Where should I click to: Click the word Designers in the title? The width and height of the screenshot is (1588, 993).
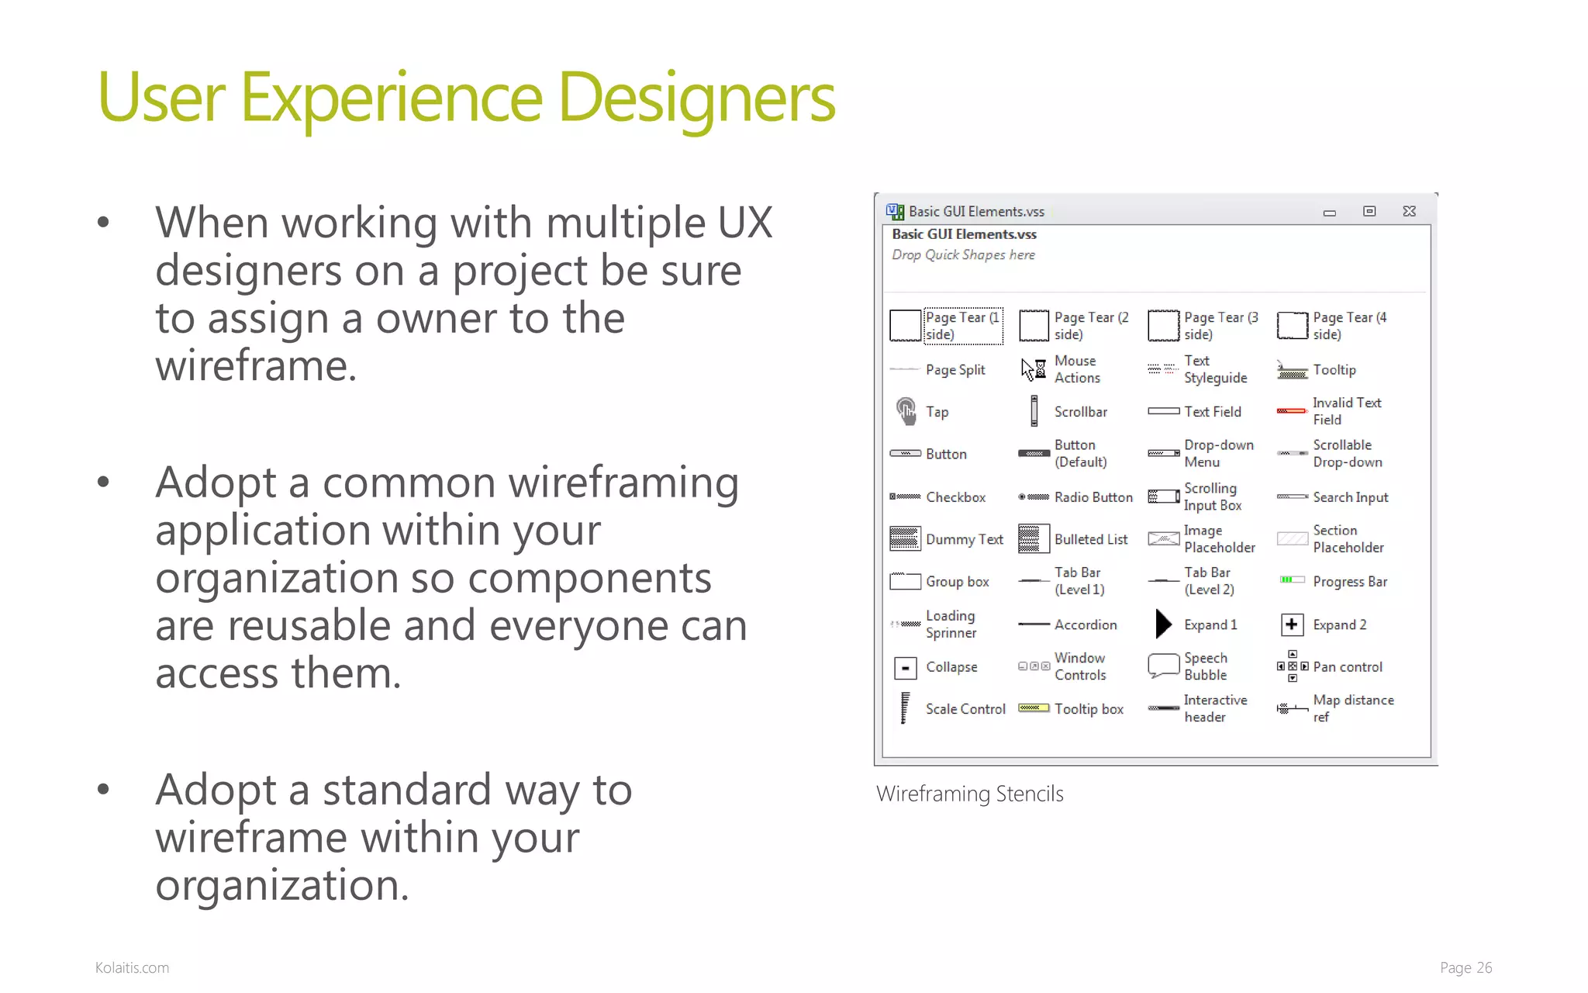696,99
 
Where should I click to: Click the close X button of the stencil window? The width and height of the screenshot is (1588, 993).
1409,211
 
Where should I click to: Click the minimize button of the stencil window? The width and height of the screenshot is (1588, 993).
1329,212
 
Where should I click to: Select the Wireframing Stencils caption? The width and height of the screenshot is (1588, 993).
969,794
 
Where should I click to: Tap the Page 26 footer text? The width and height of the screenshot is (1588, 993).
1465,967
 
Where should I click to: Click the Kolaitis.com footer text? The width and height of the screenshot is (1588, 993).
132,967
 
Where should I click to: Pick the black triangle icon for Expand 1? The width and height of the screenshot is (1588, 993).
1163,624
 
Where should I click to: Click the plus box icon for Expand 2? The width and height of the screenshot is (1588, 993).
1292,624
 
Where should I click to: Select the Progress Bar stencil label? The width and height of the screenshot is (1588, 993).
1350,582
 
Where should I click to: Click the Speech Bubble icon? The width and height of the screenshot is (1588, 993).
1163,665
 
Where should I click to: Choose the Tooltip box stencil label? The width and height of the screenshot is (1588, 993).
1089,709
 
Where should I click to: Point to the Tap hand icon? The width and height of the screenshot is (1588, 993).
906,411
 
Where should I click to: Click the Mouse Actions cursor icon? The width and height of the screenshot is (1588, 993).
1033,369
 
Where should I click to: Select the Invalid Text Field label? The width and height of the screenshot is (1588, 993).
1347,411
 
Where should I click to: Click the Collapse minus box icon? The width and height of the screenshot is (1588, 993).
905,667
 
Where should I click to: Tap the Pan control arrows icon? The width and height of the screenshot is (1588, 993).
1293,666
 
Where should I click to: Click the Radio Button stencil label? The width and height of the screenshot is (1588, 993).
1093,497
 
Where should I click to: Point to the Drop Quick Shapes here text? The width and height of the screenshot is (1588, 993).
963,255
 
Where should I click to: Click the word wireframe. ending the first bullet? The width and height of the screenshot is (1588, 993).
256,366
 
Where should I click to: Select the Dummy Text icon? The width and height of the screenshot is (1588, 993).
905,538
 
